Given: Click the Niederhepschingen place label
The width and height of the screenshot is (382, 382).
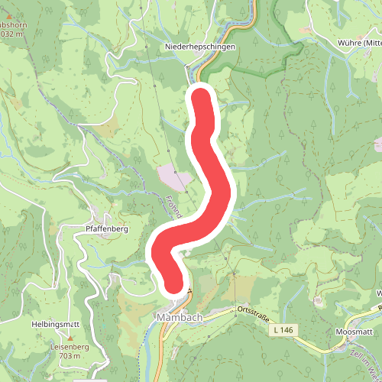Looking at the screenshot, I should coord(200,47).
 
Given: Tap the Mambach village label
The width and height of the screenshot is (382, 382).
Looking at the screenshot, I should coord(176,316).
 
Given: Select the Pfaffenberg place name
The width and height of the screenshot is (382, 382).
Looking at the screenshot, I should coord(105,228).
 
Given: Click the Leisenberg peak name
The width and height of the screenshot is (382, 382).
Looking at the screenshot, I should coord(70,346).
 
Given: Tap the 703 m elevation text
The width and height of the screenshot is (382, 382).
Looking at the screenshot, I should coord(70,355).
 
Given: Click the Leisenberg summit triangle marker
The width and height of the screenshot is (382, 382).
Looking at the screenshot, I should coord(70,337).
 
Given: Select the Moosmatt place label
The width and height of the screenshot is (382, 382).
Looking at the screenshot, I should coord(354,332).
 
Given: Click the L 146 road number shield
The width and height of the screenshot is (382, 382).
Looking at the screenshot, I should coord(282,330).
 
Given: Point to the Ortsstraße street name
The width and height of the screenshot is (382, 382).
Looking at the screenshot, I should coord(254,309).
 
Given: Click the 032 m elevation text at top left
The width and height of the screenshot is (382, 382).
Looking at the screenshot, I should coord(12,34).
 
